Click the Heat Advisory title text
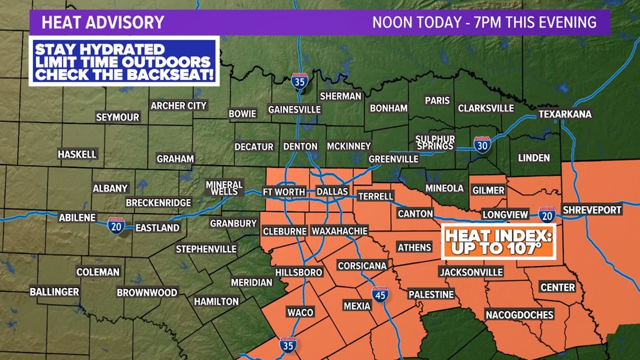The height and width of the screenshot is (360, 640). [x=103, y=22]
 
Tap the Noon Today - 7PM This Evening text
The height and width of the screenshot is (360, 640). [x=484, y=22]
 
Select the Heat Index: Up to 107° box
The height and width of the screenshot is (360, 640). [x=497, y=241]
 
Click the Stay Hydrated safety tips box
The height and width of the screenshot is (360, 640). [x=124, y=61]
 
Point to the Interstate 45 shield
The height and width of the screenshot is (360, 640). [x=380, y=294]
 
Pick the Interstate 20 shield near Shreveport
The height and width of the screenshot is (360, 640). [x=546, y=215]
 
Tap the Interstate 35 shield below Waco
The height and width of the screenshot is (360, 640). [x=288, y=345]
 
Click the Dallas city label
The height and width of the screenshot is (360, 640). [x=332, y=192]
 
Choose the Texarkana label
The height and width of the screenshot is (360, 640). [x=565, y=114]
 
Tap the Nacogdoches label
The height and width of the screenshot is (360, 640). [x=519, y=315]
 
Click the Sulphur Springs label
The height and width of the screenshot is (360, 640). [x=435, y=142]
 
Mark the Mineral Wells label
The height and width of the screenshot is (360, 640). [x=224, y=188]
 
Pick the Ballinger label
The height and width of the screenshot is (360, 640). [x=54, y=291]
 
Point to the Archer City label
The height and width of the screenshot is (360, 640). [x=179, y=106]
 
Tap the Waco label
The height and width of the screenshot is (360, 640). [x=300, y=312]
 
